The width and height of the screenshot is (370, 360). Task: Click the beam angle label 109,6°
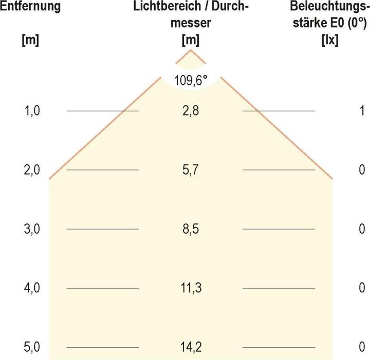click(191, 80)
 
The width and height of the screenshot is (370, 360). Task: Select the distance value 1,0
click(31, 111)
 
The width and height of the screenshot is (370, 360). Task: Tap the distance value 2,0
click(31, 170)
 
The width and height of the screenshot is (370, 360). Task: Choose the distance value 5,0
click(31, 348)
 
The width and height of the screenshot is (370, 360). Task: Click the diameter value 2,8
click(191, 111)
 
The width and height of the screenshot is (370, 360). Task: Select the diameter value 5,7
click(191, 170)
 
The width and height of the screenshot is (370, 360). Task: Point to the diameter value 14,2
click(191, 348)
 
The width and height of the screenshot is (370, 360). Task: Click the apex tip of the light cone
click(191, 50)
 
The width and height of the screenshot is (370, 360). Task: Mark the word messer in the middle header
click(190, 23)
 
